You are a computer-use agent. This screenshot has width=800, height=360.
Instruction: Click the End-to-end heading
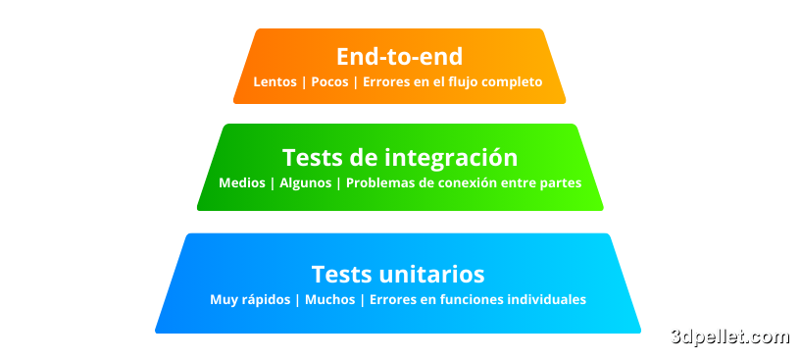coord(399,56)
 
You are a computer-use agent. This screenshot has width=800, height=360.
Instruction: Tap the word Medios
coord(242,183)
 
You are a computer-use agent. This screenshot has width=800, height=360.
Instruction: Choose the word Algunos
coord(305,183)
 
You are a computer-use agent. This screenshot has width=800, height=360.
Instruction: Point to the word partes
coord(560,183)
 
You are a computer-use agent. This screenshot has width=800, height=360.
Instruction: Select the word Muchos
coord(329,300)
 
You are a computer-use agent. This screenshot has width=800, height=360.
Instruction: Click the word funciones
coord(459,300)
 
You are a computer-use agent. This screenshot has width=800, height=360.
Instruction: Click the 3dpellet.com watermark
coord(729,336)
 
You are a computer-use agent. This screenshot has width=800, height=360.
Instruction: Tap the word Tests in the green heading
coord(309,157)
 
